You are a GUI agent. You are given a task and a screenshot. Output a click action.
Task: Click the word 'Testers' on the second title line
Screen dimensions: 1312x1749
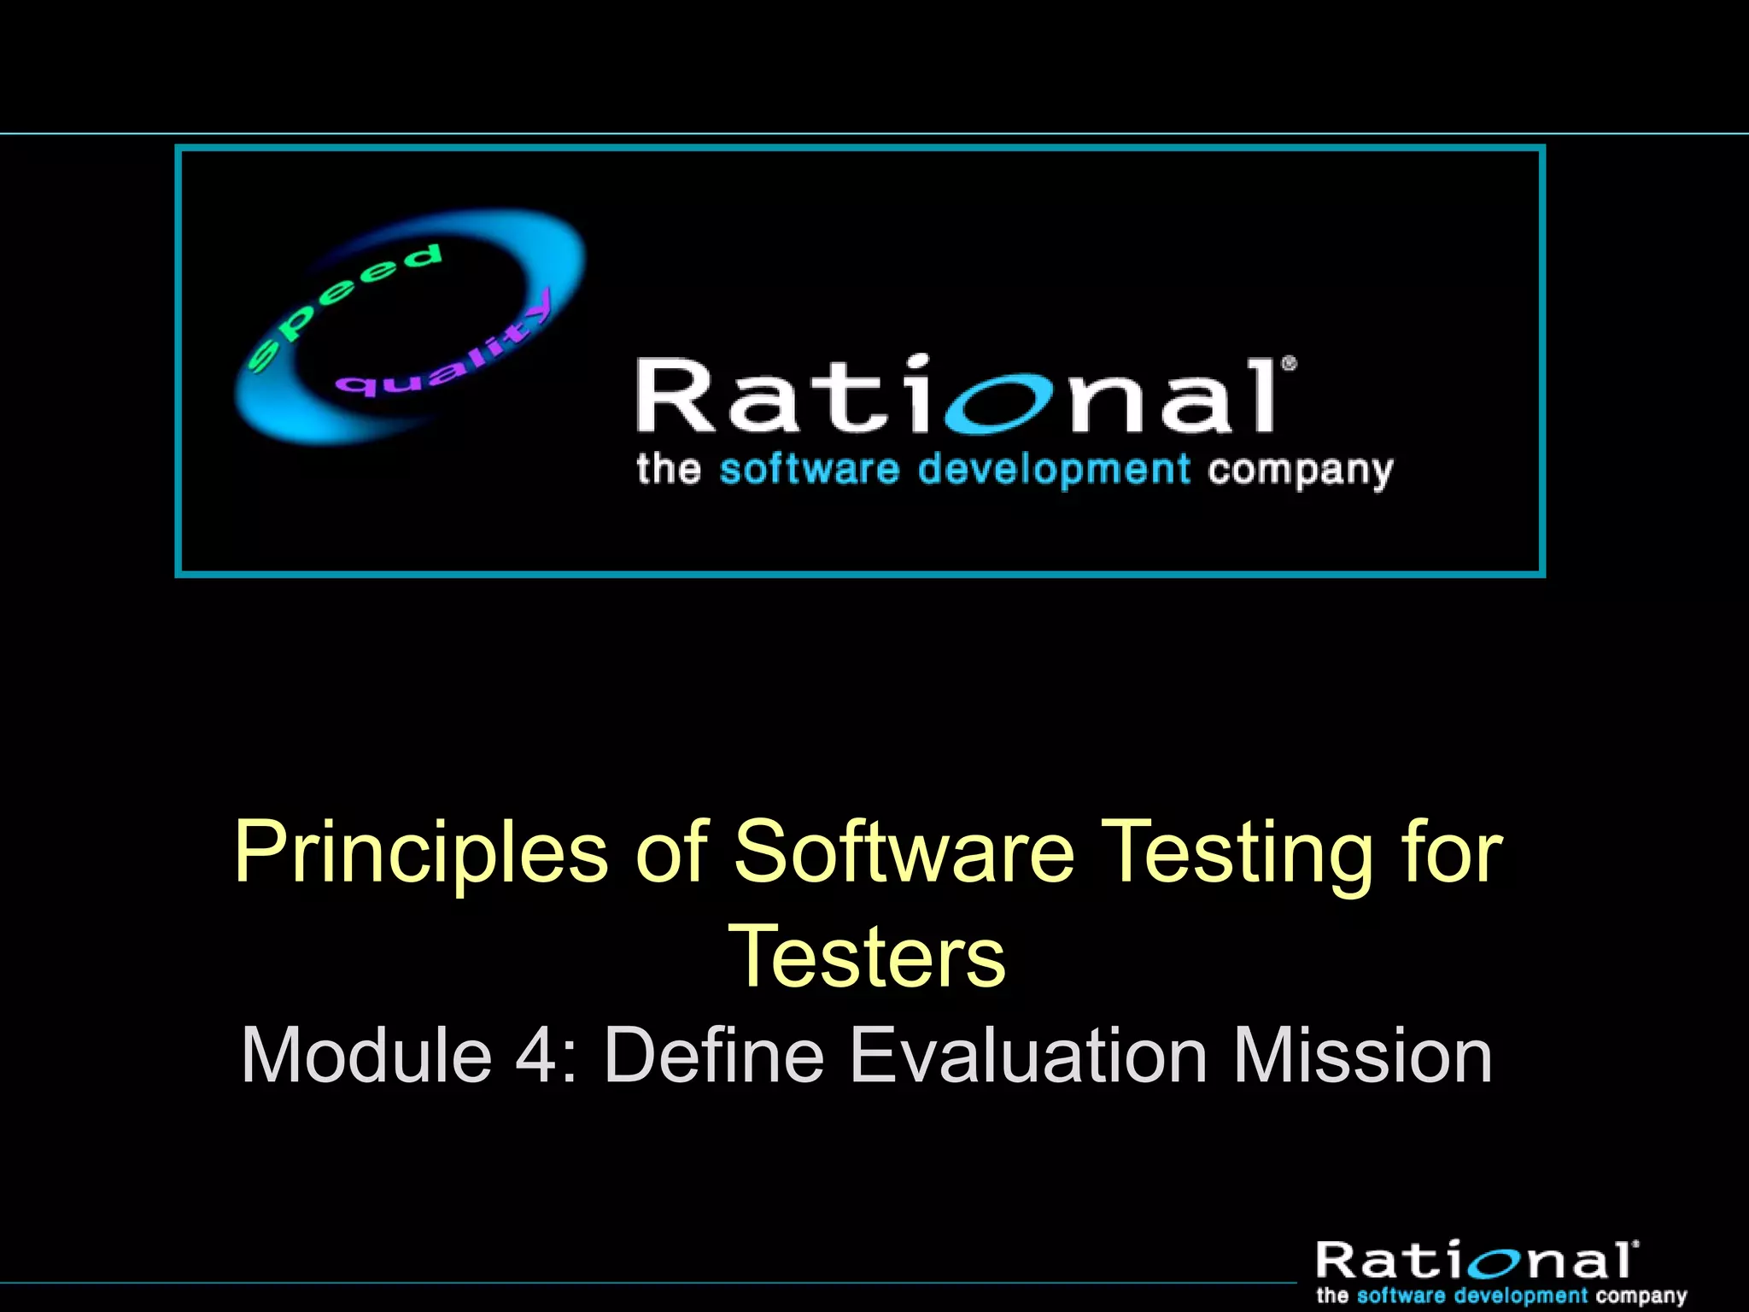[867, 957]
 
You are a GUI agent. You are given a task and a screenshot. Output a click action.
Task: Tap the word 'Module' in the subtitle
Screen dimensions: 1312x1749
[366, 1056]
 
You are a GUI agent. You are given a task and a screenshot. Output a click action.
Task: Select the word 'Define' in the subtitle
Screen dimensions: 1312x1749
[714, 1056]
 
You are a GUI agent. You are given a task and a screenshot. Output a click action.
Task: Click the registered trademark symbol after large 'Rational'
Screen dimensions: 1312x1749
[1290, 365]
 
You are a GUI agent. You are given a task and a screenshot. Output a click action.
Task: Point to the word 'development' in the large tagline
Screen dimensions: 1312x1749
[1054, 470]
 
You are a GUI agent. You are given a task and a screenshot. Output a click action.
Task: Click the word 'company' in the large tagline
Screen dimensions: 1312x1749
[1300, 471]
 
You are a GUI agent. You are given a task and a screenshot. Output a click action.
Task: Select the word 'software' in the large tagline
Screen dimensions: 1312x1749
[810, 470]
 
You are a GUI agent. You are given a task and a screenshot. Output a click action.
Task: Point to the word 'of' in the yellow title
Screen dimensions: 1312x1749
[672, 852]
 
